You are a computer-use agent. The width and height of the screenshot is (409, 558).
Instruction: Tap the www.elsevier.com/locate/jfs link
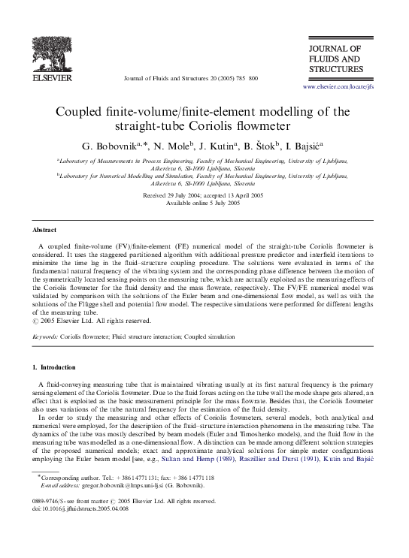(x=338, y=87)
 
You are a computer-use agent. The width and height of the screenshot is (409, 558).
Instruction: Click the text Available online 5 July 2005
(x=204, y=202)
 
